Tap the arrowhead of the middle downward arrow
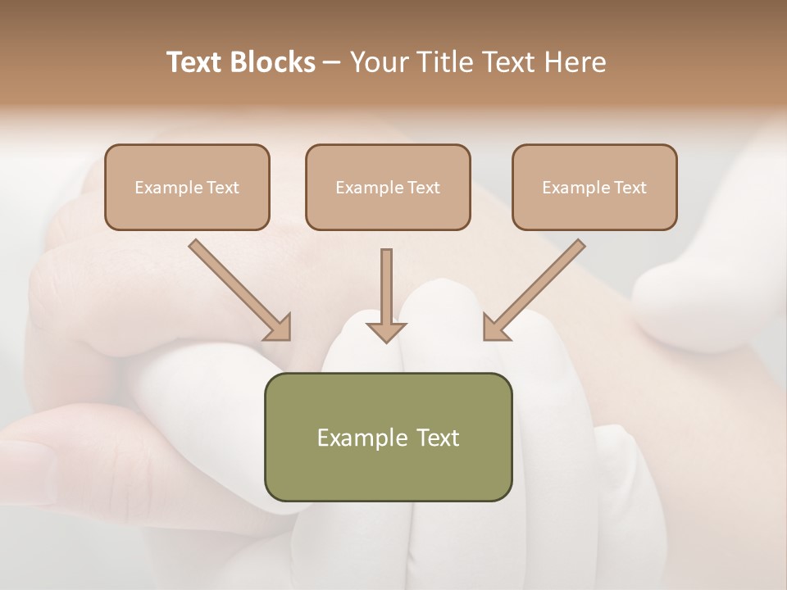click(386, 331)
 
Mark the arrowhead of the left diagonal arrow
click(279, 328)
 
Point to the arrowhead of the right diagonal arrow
click(494, 328)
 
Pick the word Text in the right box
click(630, 188)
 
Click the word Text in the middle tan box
click(424, 188)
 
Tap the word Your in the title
click(378, 62)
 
